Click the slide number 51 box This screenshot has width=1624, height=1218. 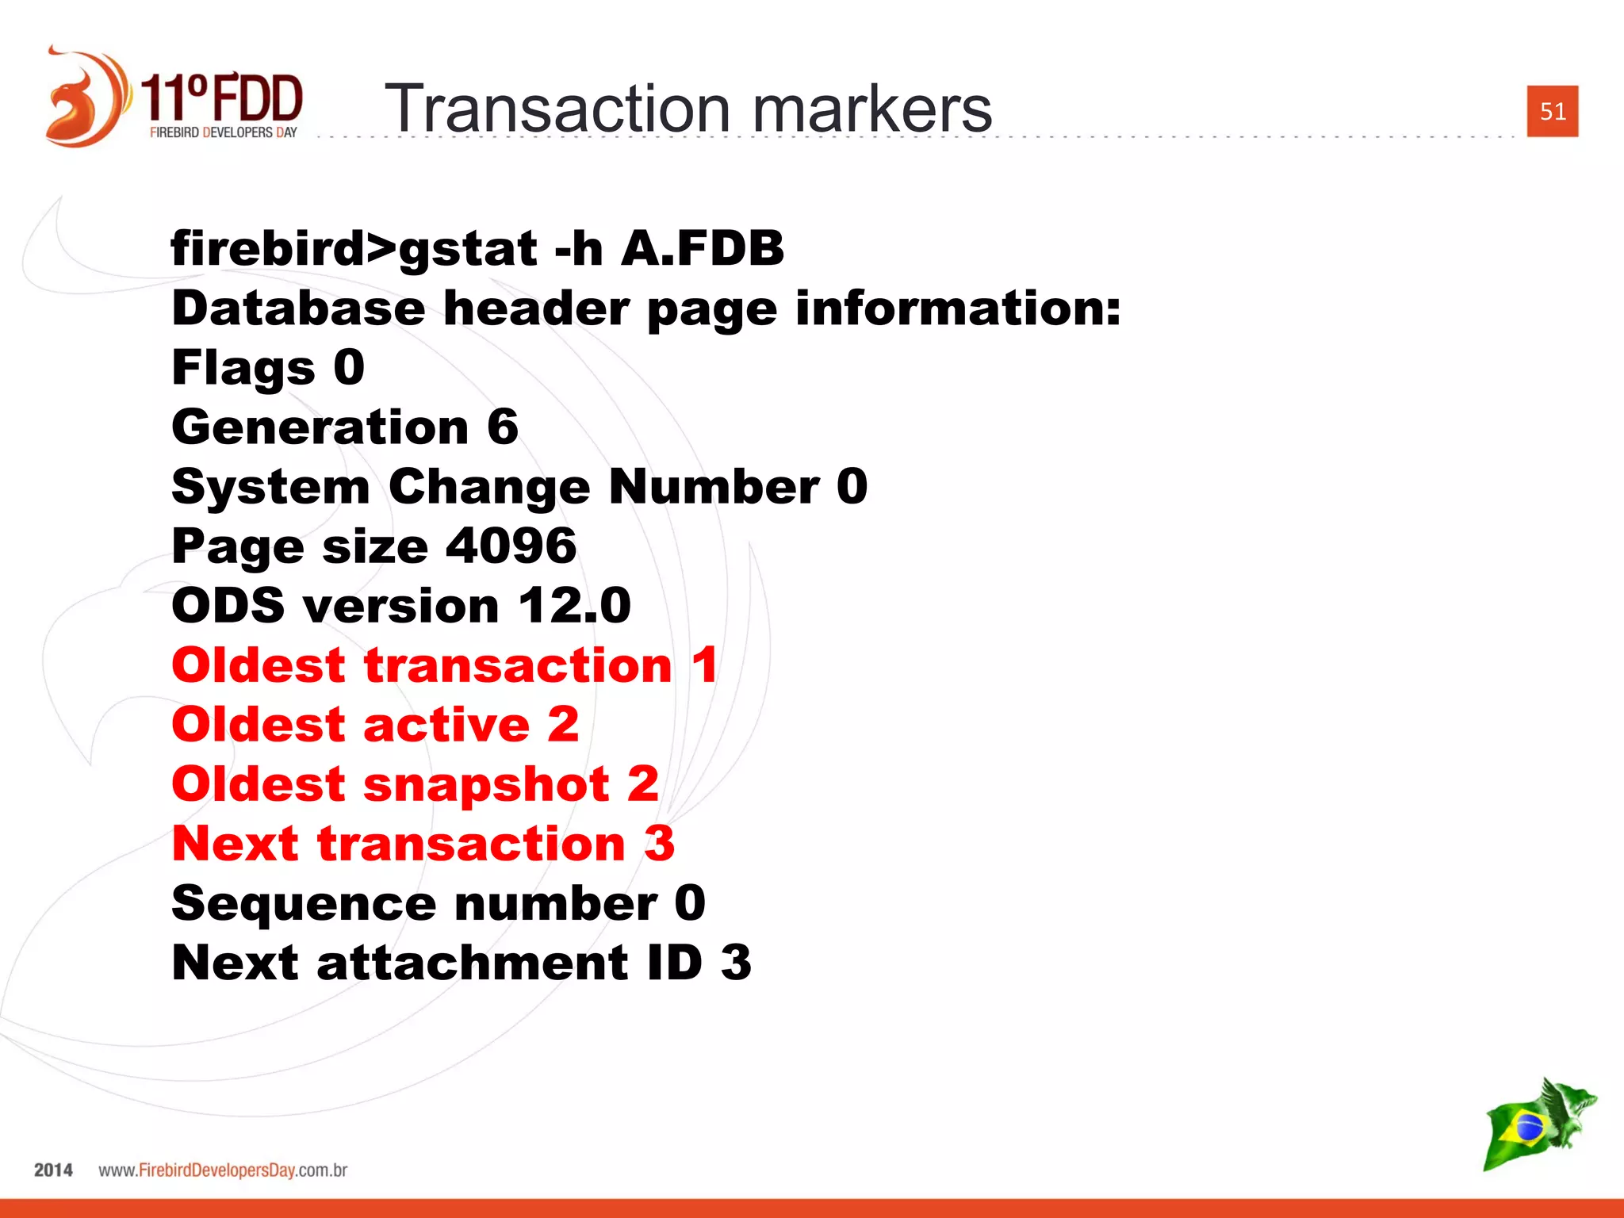[1552, 111]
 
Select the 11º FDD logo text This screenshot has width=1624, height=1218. [222, 99]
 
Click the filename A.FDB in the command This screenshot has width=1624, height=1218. [702, 248]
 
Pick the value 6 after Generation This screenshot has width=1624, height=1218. [503, 427]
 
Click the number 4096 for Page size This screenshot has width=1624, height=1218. [511, 546]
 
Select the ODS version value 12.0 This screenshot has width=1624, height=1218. [575, 605]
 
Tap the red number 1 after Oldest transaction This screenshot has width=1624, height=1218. [704, 665]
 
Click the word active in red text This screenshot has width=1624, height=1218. [446, 724]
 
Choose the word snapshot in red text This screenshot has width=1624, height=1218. [486, 783]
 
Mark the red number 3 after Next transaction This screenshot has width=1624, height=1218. [659, 843]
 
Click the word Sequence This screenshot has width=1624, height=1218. [304, 903]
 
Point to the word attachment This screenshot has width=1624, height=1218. [473, 963]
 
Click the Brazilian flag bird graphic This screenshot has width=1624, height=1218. [1538, 1123]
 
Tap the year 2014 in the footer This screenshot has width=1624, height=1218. [53, 1170]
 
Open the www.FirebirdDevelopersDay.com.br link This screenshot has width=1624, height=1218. [223, 1170]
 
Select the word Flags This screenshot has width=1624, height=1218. [243, 368]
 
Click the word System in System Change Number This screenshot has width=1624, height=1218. [270, 486]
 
